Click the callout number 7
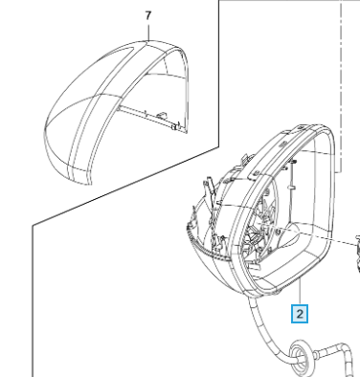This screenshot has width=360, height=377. pos(147,16)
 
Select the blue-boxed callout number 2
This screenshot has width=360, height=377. pos(300,314)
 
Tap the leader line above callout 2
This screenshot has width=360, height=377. pos(301,291)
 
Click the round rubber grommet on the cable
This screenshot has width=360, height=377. pos(301,357)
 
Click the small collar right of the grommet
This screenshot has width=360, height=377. pos(316,355)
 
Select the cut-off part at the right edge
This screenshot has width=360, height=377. pos(358,254)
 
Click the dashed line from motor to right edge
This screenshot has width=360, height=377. pos(316,236)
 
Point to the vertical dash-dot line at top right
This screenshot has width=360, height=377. pos(341,86)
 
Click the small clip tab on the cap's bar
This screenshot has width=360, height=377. pos(162,114)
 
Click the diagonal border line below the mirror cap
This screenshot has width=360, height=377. pos(125,187)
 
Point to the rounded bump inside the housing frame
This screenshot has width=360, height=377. pos(290,235)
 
